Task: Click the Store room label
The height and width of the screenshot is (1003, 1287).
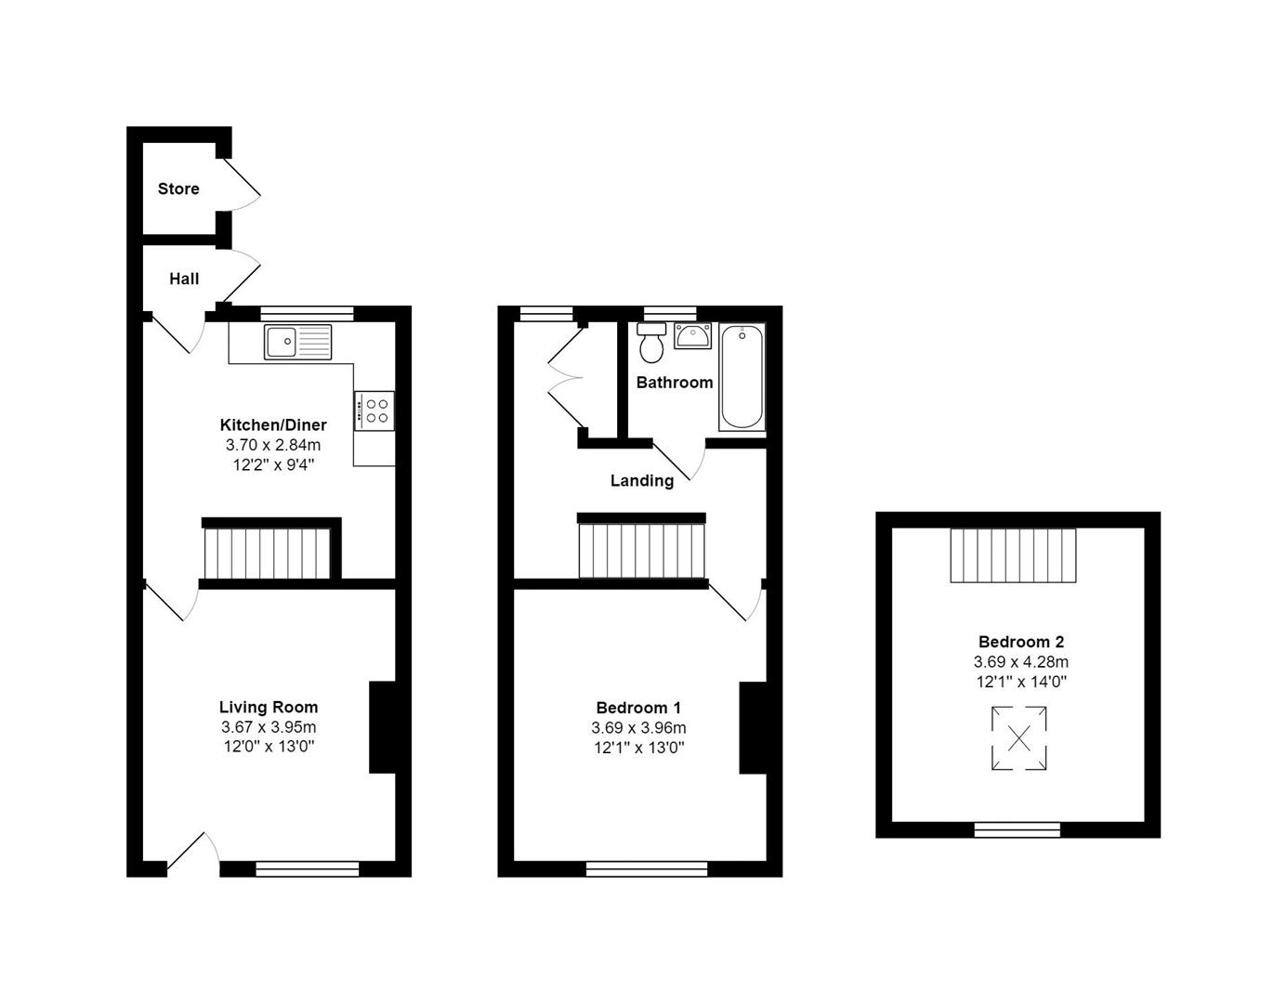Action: click(178, 189)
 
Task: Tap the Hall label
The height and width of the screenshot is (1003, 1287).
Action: click(184, 279)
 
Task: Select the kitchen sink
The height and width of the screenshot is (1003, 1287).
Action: click(298, 342)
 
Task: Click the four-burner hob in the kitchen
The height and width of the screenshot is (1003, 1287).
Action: click(374, 410)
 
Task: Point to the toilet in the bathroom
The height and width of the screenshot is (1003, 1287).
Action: click(651, 343)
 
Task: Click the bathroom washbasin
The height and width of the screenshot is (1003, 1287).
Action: click(692, 335)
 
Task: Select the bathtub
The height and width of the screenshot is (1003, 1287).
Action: click(742, 376)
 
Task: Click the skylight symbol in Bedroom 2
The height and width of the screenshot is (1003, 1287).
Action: click(1018, 738)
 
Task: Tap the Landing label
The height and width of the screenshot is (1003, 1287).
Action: click(642, 480)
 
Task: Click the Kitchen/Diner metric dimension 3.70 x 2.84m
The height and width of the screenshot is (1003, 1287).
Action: click(273, 445)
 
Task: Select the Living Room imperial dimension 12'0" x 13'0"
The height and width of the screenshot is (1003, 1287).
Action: click(269, 746)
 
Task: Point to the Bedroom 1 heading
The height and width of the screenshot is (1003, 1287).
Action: click(638, 708)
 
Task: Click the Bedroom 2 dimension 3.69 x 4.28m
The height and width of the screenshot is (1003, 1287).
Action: click(1021, 661)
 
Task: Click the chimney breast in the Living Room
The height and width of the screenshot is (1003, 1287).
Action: click(382, 727)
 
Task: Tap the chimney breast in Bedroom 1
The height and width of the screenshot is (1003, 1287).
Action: click(753, 728)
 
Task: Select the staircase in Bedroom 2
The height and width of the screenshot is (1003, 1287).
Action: click(1013, 555)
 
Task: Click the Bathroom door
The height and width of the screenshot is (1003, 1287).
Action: click(679, 461)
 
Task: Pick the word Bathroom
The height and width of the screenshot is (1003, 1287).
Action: click(675, 383)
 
